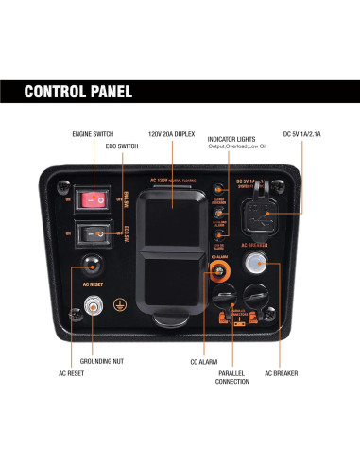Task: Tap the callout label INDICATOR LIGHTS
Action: pos(235,139)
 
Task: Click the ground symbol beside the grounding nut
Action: pos(118,305)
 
